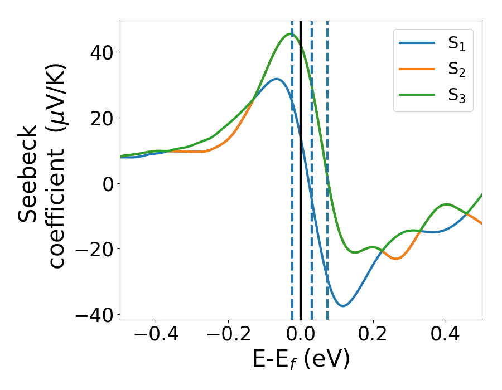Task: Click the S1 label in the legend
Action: coord(456,45)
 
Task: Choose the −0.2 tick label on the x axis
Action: coord(228,335)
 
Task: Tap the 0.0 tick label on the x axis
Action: coord(301,335)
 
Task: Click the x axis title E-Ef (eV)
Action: coord(301,360)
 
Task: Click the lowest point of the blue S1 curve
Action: coord(344,306)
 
